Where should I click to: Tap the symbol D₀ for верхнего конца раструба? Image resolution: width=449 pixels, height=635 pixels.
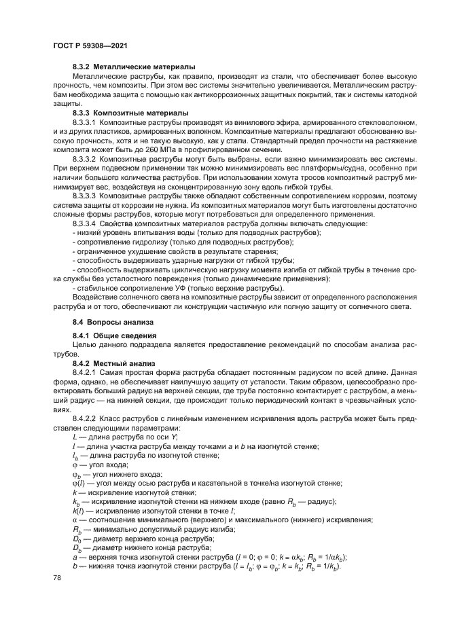tap(76, 539)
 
